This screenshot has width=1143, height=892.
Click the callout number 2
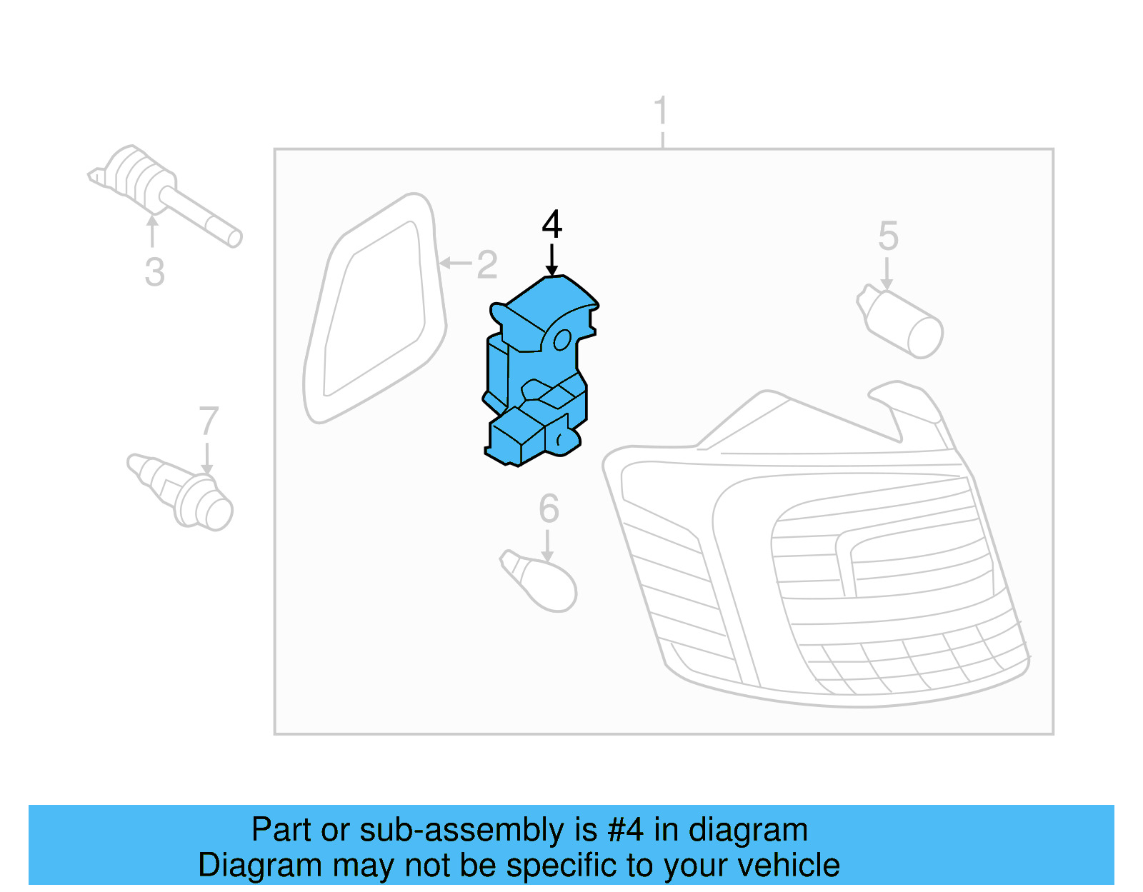click(x=486, y=265)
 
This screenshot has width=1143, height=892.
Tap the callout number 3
click(x=154, y=272)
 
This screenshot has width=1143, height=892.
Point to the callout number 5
click(x=888, y=236)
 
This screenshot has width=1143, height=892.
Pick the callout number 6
click(x=549, y=508)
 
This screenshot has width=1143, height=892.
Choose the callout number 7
click(x=208, y=421)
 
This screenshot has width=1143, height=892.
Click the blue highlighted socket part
click(x=539, y=379)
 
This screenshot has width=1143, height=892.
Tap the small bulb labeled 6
click(x=543, y=582)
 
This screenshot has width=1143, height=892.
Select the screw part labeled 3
click(x=161, y=189)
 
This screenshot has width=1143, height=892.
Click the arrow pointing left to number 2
click(x=454, y=264)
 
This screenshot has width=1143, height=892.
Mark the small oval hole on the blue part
click(x=562, y=341)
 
